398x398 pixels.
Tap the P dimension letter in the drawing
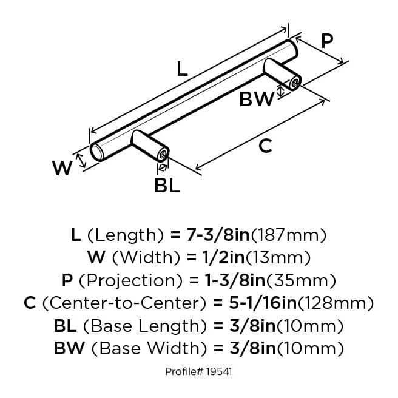[x=327, y=41]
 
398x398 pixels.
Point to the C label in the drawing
[x=265, y=146]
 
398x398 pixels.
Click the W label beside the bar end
[x=62, y=168]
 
